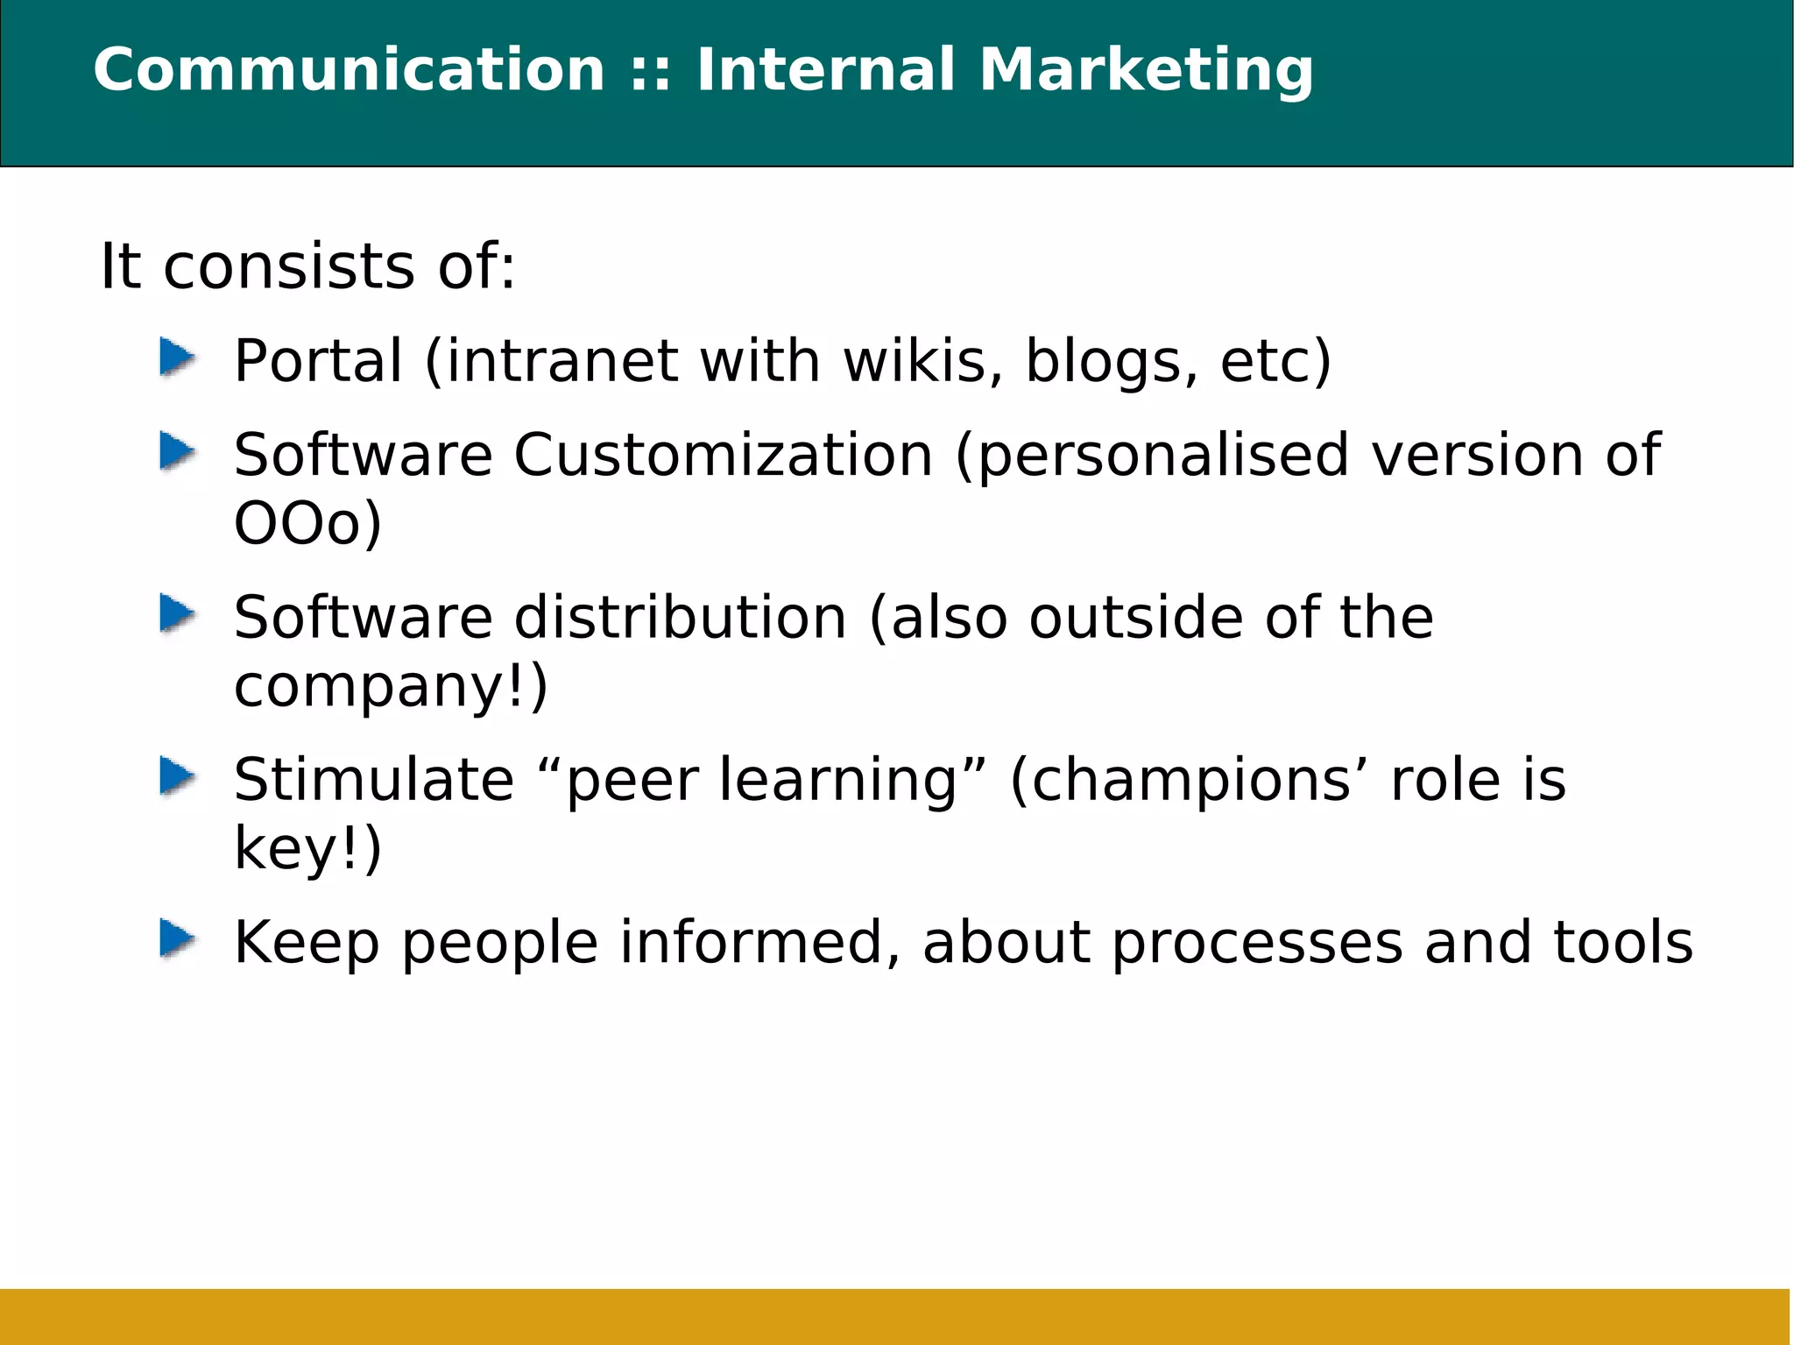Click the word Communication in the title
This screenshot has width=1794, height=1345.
pos(349,70)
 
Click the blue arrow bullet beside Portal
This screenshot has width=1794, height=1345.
pos(178,358)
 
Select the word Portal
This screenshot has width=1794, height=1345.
pos(318,361)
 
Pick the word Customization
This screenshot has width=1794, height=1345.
pos(723,456)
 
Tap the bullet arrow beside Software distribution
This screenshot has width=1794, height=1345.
pos(178,613)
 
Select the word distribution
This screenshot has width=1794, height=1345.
pos(680,618)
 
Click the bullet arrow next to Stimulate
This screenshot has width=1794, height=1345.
pos(178,776)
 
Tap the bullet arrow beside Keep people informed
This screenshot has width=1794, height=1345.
pos(178,939)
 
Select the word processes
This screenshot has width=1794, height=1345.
pos(1257,945)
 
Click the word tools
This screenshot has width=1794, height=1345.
pos(1622,943)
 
